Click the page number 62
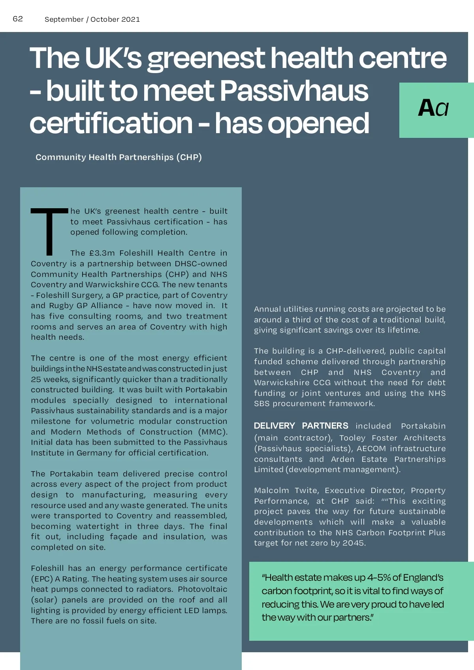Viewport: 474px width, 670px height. tap(18, 19)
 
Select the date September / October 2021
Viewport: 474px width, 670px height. tap(92, 19)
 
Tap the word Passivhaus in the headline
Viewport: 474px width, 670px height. tap(293, 91)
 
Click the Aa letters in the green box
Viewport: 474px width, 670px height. tap(433, 108)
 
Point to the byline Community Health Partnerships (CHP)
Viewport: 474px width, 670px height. tap(118, 157)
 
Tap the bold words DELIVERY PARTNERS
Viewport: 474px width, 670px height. tap(301, 426)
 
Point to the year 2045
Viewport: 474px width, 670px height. tap(354, 543)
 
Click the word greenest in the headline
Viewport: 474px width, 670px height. tap(205, 58)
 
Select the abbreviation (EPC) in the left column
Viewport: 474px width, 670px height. tap(42, 579)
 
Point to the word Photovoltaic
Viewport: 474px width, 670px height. tap(202, 589)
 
